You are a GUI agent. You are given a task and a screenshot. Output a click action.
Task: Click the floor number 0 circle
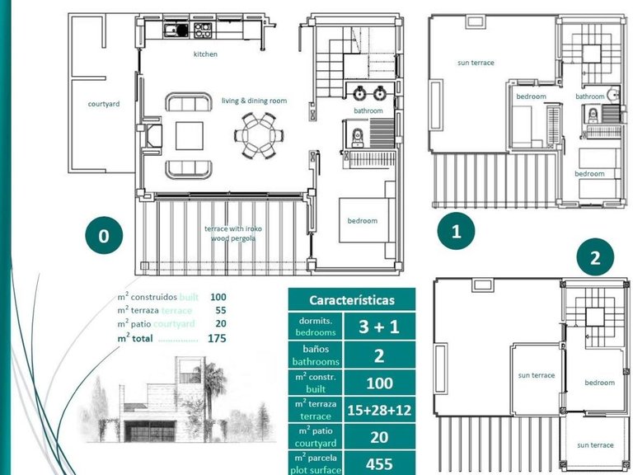pos(103,236)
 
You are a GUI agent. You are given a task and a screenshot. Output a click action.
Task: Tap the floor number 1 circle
pos(456,232)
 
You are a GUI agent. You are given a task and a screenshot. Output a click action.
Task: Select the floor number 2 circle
pos(594,258)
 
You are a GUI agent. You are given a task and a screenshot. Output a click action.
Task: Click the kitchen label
pos(205,54)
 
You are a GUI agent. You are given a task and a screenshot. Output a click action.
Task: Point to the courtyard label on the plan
pos(104,104)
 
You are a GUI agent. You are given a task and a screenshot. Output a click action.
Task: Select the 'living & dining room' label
pos(254,101)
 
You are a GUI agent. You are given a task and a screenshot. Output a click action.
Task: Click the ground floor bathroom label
pos(368,111)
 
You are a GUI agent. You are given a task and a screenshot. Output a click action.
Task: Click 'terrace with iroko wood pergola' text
pos(230,233)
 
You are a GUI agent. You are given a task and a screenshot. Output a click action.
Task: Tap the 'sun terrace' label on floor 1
pos(476,63)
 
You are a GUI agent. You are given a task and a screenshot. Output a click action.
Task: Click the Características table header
pos(351,300)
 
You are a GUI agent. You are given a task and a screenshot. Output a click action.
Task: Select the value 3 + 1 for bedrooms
pos(379,327)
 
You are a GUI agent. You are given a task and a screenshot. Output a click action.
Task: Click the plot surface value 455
pos(379,463)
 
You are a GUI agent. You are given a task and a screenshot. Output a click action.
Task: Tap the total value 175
pos(218,338)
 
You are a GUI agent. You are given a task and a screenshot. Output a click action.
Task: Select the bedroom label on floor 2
pos(599,382)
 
